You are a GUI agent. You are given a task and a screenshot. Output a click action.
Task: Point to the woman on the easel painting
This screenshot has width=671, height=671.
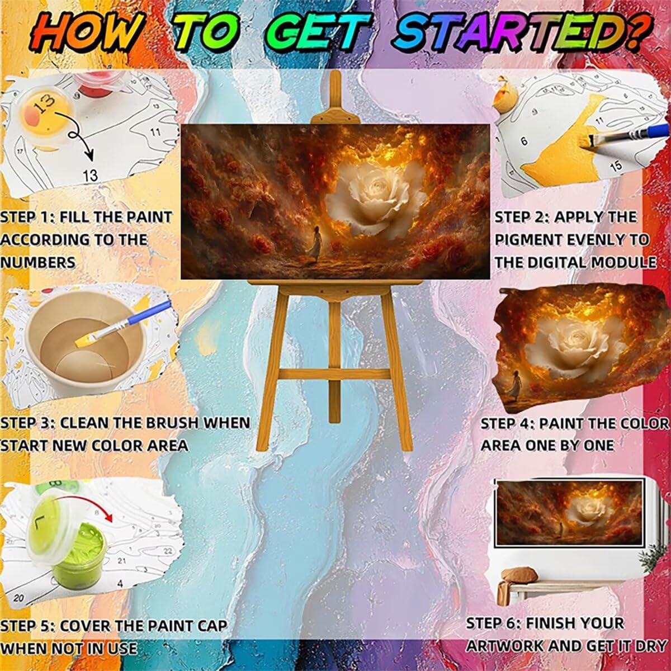point(315,243)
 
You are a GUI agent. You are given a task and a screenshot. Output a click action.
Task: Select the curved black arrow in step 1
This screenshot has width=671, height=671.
point(75,134)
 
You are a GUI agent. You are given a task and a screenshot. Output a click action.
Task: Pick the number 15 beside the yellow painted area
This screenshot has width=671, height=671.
point(616,166)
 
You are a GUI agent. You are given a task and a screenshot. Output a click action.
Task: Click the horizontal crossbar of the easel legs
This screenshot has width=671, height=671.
point(334,375)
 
